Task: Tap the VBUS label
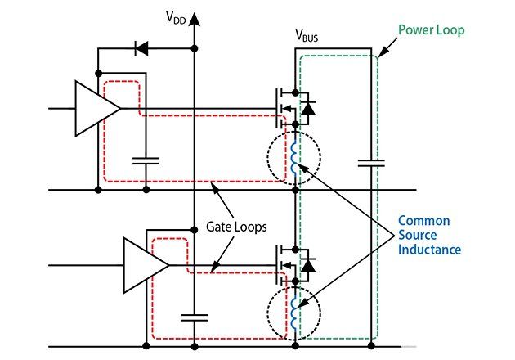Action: click(309, 36)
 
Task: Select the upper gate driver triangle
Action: click(96, 108)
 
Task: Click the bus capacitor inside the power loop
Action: click(371, 163)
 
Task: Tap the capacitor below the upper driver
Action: click(146, 160)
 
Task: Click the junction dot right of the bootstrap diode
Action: click(195, 49)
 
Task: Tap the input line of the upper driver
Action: click(60, 108)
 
